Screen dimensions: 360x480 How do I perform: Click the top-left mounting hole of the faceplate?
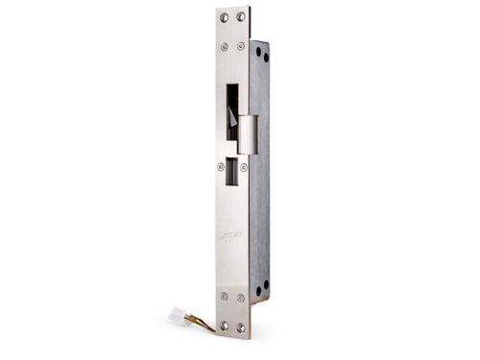click(224, 17)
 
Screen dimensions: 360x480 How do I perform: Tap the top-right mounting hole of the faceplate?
click(243, 16)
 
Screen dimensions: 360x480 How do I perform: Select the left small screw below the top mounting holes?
click(223, 45)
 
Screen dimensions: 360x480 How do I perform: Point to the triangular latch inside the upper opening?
click(235, 116)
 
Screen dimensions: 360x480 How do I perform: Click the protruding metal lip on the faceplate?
click(247, 133)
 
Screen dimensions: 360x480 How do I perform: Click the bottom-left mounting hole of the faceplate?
click(225, 327)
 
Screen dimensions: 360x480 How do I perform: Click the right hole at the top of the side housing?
click(265, 57)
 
